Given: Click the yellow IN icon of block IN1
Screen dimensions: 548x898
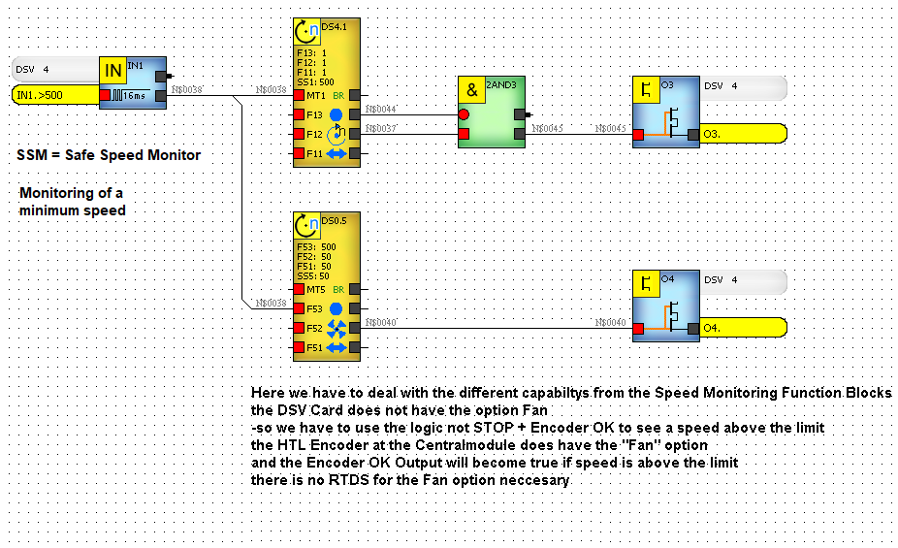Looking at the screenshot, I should pos(113,69).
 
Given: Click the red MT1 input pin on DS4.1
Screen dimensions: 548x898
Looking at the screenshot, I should pos(299,95).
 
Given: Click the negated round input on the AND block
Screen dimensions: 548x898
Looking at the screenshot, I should pos(464,113).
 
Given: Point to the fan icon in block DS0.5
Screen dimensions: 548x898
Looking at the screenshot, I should pos(337,328).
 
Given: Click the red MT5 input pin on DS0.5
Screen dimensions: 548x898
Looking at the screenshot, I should pos(299,289).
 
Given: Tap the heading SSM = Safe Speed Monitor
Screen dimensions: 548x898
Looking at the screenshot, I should pos(109,155).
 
